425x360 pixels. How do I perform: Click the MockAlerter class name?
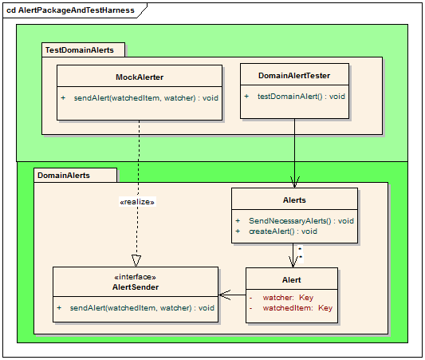pyautogui.click(x=140, y=77)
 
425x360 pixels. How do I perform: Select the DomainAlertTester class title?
pyautogui.click(x=294, y=76)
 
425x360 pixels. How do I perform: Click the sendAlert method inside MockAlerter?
pyautogui.click(x=146, y=98)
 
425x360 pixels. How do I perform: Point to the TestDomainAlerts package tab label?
pyautogui.click(x=80, y=50)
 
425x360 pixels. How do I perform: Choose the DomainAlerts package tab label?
pyautogui.click(x=64, y=176)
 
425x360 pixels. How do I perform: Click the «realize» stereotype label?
pyautogui.click(x=137, y=202)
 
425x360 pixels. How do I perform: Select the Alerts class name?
pyautogui.click(x=294, y=200)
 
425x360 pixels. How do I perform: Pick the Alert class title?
pyautogui.click(x=292, y=280)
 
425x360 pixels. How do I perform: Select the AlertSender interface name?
pyautogui.click(x=136, y=287)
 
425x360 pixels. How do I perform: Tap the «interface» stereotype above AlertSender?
pyautogui.click(x=136, y=277)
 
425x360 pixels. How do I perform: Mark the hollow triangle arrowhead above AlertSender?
pyautogui.click(x=136, y=261)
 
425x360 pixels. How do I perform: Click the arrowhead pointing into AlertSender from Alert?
pyautogui.click(x=224, y=295)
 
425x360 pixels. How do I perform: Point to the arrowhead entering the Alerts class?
pyautogui.click(x=294, y=182)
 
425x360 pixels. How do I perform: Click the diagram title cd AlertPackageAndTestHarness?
pyautogui.click(x=70, y=10)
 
